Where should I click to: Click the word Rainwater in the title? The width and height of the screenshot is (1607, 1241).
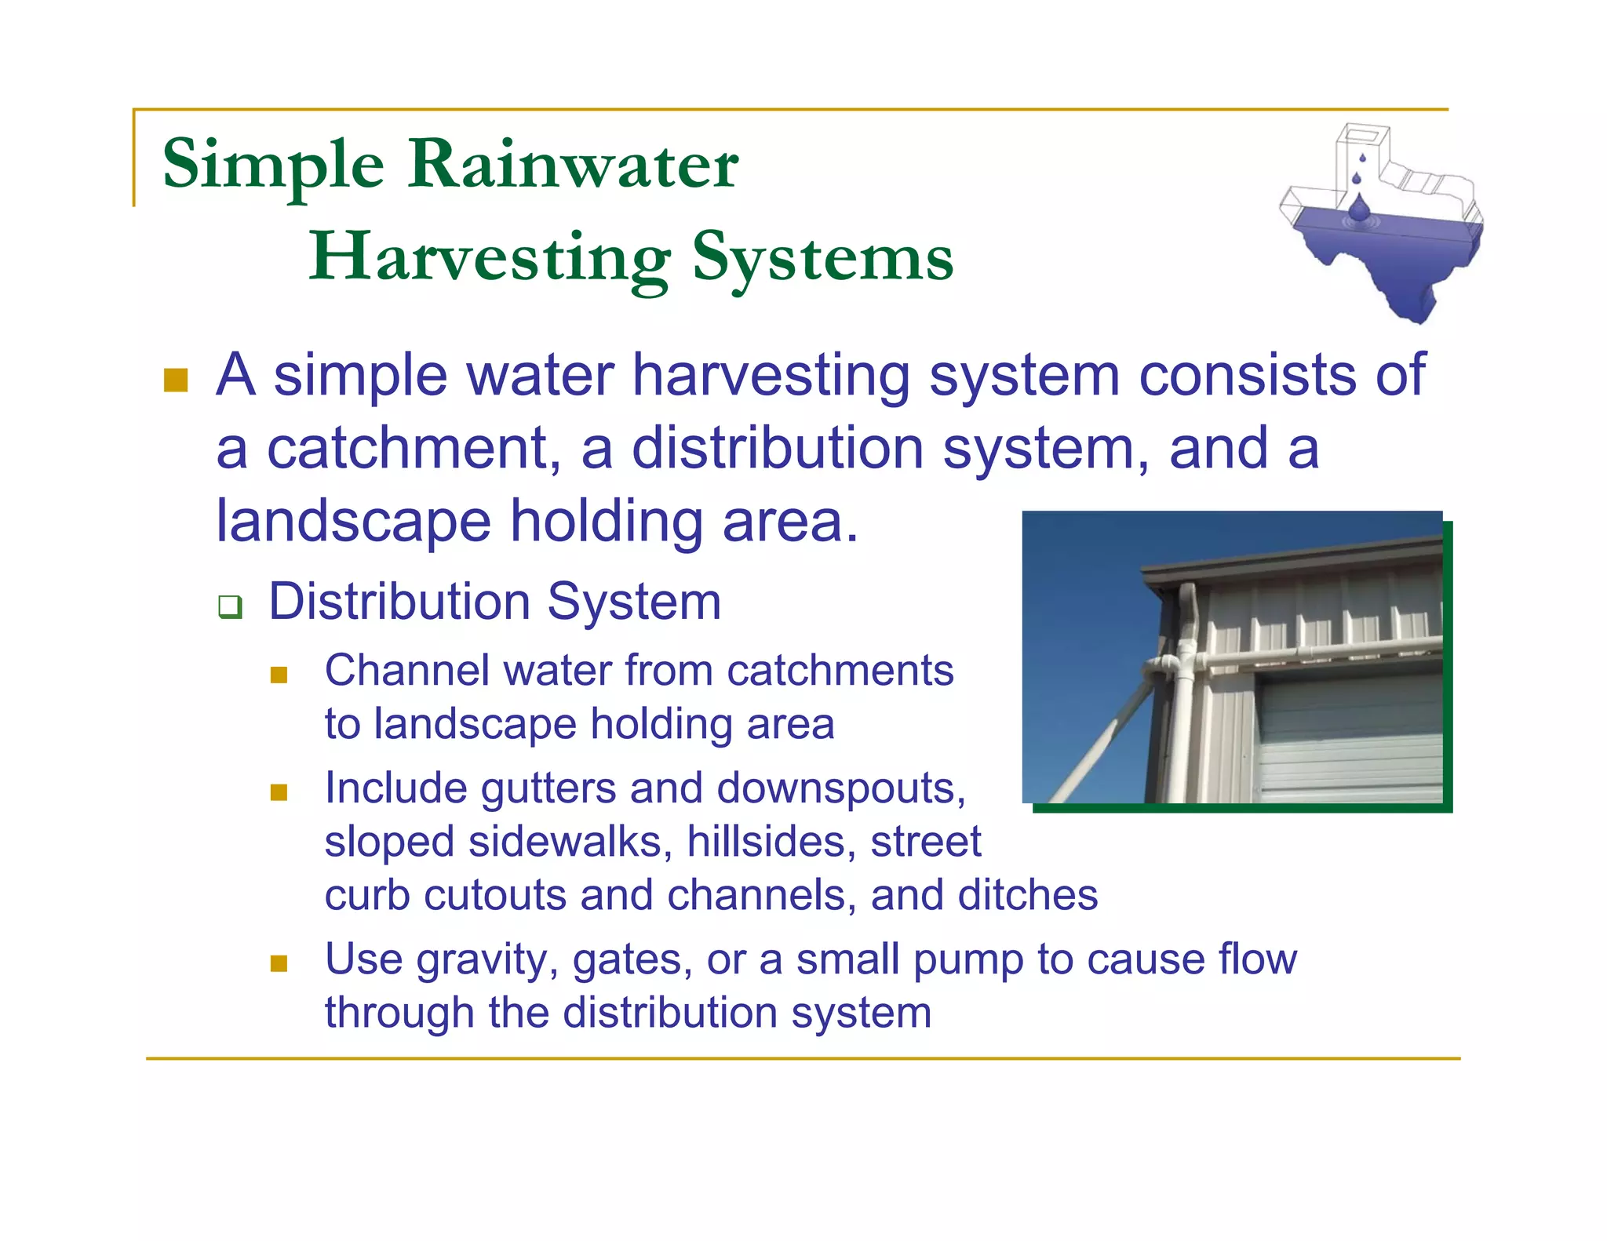tap(573, 165)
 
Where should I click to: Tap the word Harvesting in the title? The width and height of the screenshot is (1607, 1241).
tap(490, 258)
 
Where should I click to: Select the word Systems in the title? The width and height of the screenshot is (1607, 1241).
tap(822, 258)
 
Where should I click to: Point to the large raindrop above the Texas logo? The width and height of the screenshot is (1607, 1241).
tap(1359, 208)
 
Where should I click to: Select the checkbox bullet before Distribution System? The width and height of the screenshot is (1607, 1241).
tap(230, 606)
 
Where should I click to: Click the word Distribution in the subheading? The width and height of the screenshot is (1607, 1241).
tap(399, 602)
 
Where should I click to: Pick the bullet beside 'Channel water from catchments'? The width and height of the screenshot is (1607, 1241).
tap(279, 675)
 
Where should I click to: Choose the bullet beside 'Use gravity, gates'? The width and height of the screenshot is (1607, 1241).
tap(279, 963)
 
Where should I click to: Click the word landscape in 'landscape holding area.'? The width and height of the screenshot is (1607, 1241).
tap(353, 522)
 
